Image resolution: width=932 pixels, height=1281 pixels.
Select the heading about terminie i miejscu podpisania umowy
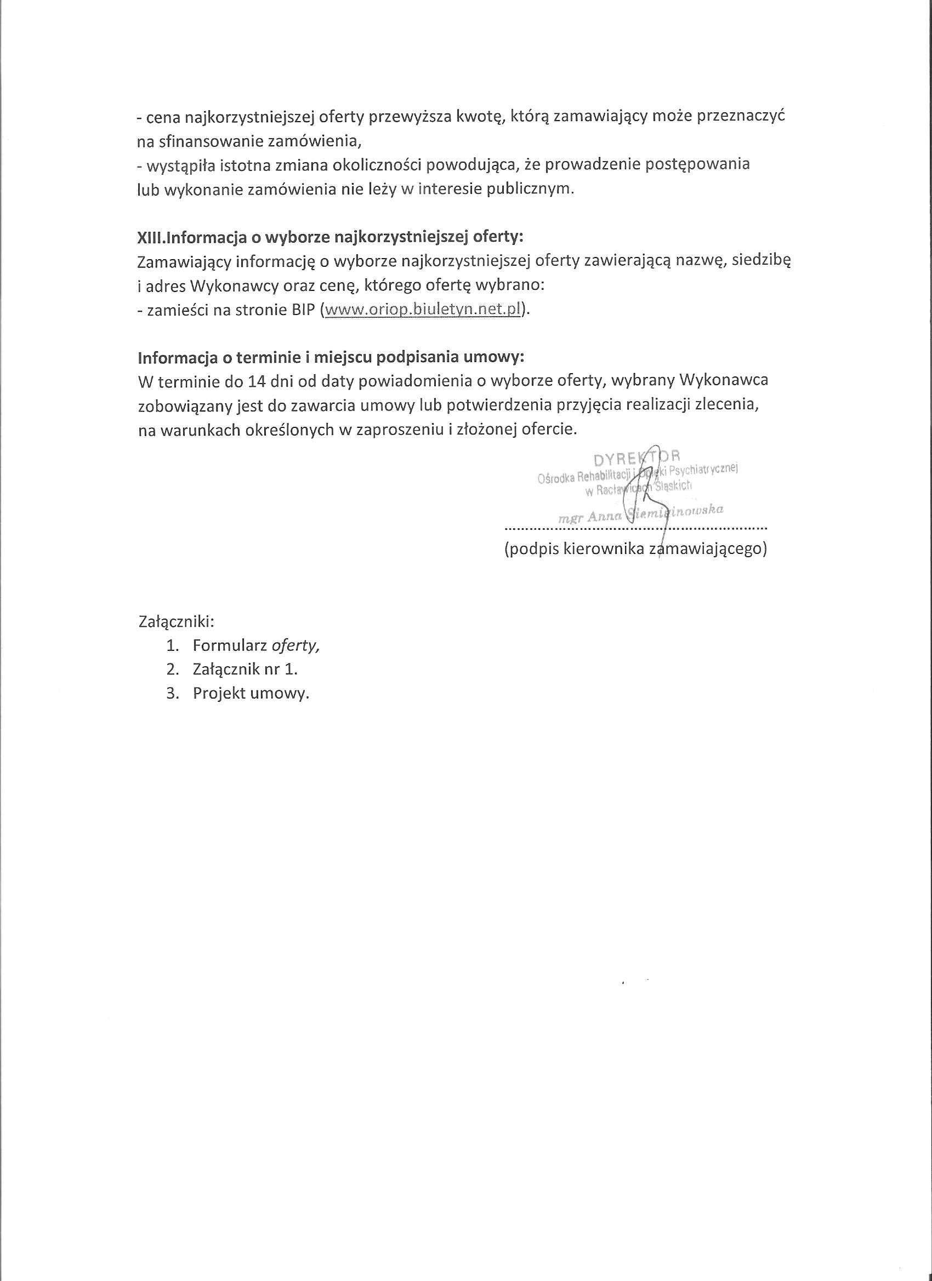coord(331,358)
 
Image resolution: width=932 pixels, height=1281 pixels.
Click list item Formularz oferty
coord(256,645)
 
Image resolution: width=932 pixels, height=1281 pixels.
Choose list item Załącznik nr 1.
coord(245,670)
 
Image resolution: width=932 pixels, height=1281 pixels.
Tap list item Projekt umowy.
coord(251,694)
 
